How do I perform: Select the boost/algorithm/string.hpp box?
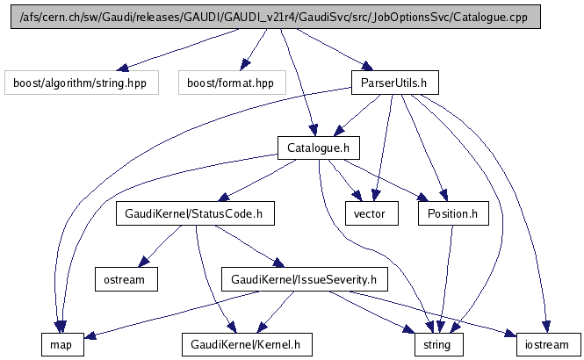pos(81,83)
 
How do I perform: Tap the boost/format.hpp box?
pos(226,83)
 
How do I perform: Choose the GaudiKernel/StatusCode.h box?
pos(195,213)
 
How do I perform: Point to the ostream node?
pos(126,279)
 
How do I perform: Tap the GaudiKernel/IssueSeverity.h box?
pos(303,279)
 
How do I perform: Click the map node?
pos(61,345)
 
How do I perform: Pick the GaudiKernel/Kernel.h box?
pos(233,345)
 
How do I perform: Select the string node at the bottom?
pos(431,345)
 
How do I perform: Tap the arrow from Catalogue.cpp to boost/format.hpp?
pos(255,49)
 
